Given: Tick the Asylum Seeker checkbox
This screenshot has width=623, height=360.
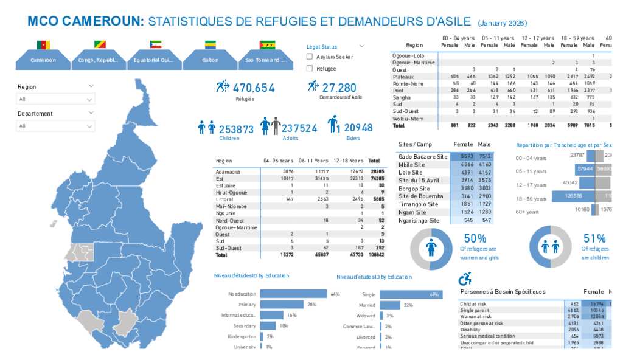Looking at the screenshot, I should pyautogui.click(x=310, y=57).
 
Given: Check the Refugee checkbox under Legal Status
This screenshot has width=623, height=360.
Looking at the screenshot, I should pyautogui.click(x=310, y=69).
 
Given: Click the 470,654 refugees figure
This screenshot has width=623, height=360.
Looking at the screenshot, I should pyautogui.click(x=253, y=88).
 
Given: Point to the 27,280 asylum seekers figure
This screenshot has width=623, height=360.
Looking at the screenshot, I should pyautogui.click(x=339, y=88).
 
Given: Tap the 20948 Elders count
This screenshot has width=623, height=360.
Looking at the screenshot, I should pyautogui.click(x=358, y=128).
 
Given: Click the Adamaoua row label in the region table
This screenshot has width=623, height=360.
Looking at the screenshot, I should pyautogui.click(x=228, y=172).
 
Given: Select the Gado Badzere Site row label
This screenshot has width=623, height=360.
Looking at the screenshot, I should pyautogui.click(x=423, y=157).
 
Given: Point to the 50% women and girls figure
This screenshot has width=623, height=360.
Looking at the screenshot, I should pyautogui.click(x=475, y=238).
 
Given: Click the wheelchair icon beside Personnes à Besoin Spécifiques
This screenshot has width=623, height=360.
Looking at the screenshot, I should pyautogui.click(x=465, y=279).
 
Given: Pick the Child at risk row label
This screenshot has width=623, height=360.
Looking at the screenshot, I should pyautogui.click(x=473, y=304).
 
